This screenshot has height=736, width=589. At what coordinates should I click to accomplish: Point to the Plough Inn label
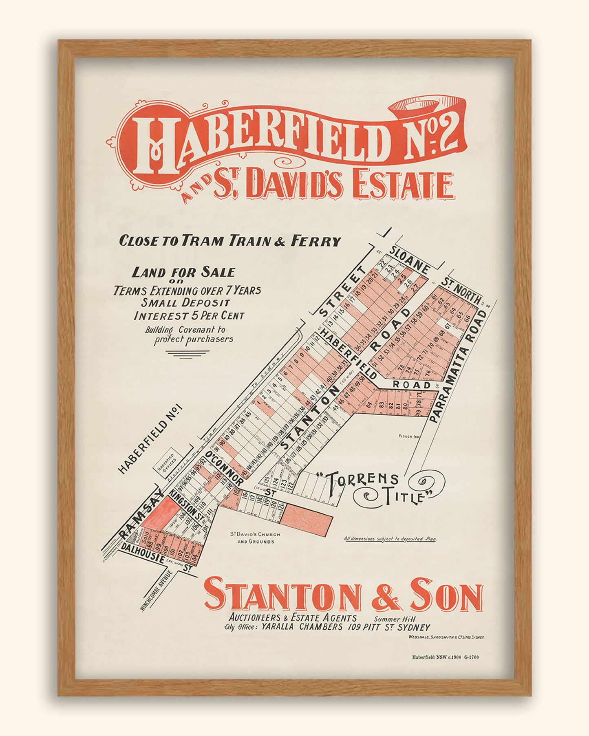409,436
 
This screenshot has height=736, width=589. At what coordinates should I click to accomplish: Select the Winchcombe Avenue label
157,591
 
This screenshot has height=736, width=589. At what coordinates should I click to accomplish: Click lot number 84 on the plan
369,404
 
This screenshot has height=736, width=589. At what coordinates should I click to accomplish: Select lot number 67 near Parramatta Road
447,326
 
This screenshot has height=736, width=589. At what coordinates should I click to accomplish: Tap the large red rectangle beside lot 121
307,520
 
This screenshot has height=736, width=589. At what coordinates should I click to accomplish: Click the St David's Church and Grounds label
256,538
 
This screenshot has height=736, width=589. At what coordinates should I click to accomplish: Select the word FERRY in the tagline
315,241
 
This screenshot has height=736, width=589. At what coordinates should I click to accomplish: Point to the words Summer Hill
395,618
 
